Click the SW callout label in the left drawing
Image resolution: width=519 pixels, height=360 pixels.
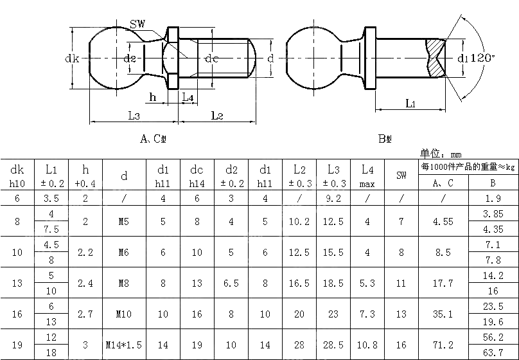tap(137, 24)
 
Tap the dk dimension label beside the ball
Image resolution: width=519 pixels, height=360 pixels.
tap(72, 59)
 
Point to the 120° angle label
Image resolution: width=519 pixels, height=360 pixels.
tap(482, 58)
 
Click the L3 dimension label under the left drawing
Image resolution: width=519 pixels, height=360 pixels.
tap(134, 116)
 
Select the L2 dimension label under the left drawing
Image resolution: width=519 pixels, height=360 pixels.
tap(217, 116)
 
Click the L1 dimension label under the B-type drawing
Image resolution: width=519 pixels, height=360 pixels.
tap(410, 104)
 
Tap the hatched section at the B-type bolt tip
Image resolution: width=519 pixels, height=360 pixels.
tap(435, 59)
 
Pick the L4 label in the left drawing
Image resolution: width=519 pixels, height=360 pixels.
tap(188, 97)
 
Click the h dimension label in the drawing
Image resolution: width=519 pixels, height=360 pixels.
tap(153, 97)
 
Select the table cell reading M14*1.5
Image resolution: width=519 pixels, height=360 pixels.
tap(124, 345)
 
